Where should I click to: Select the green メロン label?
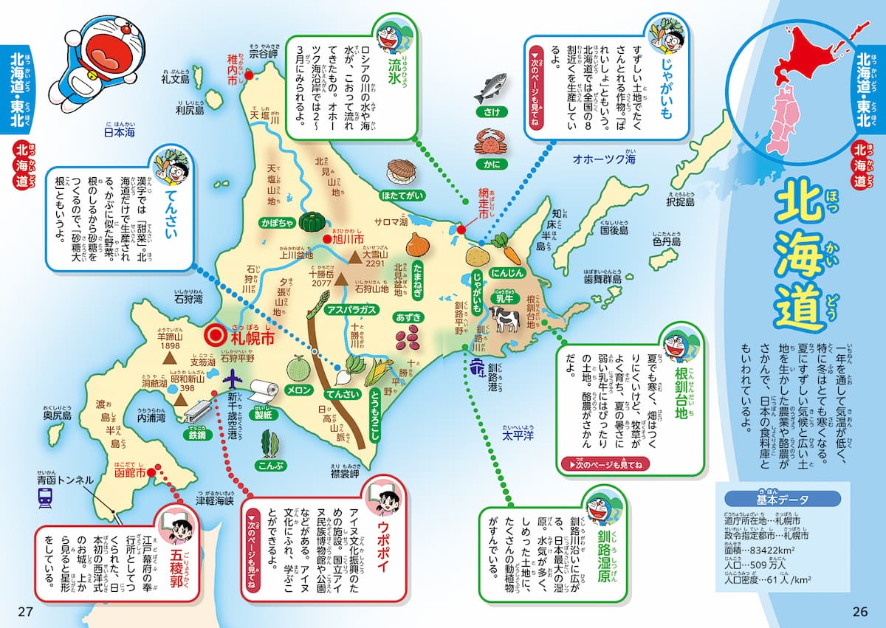click(301, 390)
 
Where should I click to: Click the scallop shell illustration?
click(401, 172)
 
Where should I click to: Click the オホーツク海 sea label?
click(605, 159)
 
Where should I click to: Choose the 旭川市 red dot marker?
click(326, 239)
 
